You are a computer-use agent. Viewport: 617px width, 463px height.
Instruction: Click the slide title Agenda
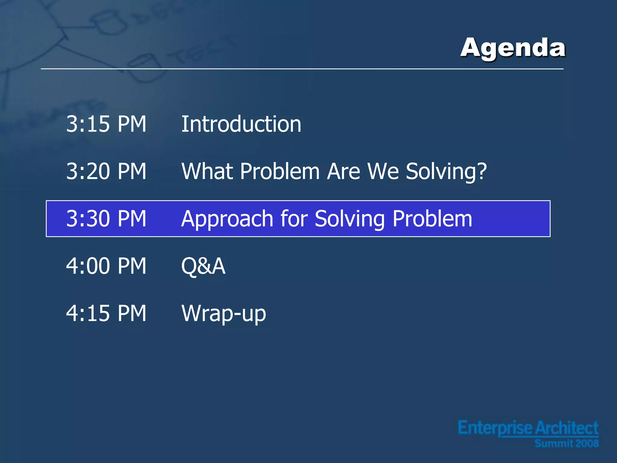tap(513, 48)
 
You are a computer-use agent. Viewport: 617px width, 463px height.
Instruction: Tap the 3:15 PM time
tap(106, 124)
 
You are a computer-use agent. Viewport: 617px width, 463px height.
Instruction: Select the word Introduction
tap(241, 124)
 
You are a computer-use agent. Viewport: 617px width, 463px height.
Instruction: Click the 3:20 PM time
tap(106, 171)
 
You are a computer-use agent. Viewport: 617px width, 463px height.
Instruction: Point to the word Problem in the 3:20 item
tap(280, 171)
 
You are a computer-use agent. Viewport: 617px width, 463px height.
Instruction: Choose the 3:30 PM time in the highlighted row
tap(106, 219)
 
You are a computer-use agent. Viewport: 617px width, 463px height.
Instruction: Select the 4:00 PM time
tap(106, 266)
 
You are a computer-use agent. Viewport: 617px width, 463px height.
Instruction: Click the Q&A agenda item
tap(203, 266)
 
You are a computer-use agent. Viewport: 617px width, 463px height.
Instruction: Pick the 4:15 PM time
tap(106, 313)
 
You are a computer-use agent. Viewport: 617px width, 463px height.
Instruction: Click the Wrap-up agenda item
tap(224, 314)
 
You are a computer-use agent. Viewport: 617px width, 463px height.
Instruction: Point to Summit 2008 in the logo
tap(566, 443)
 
